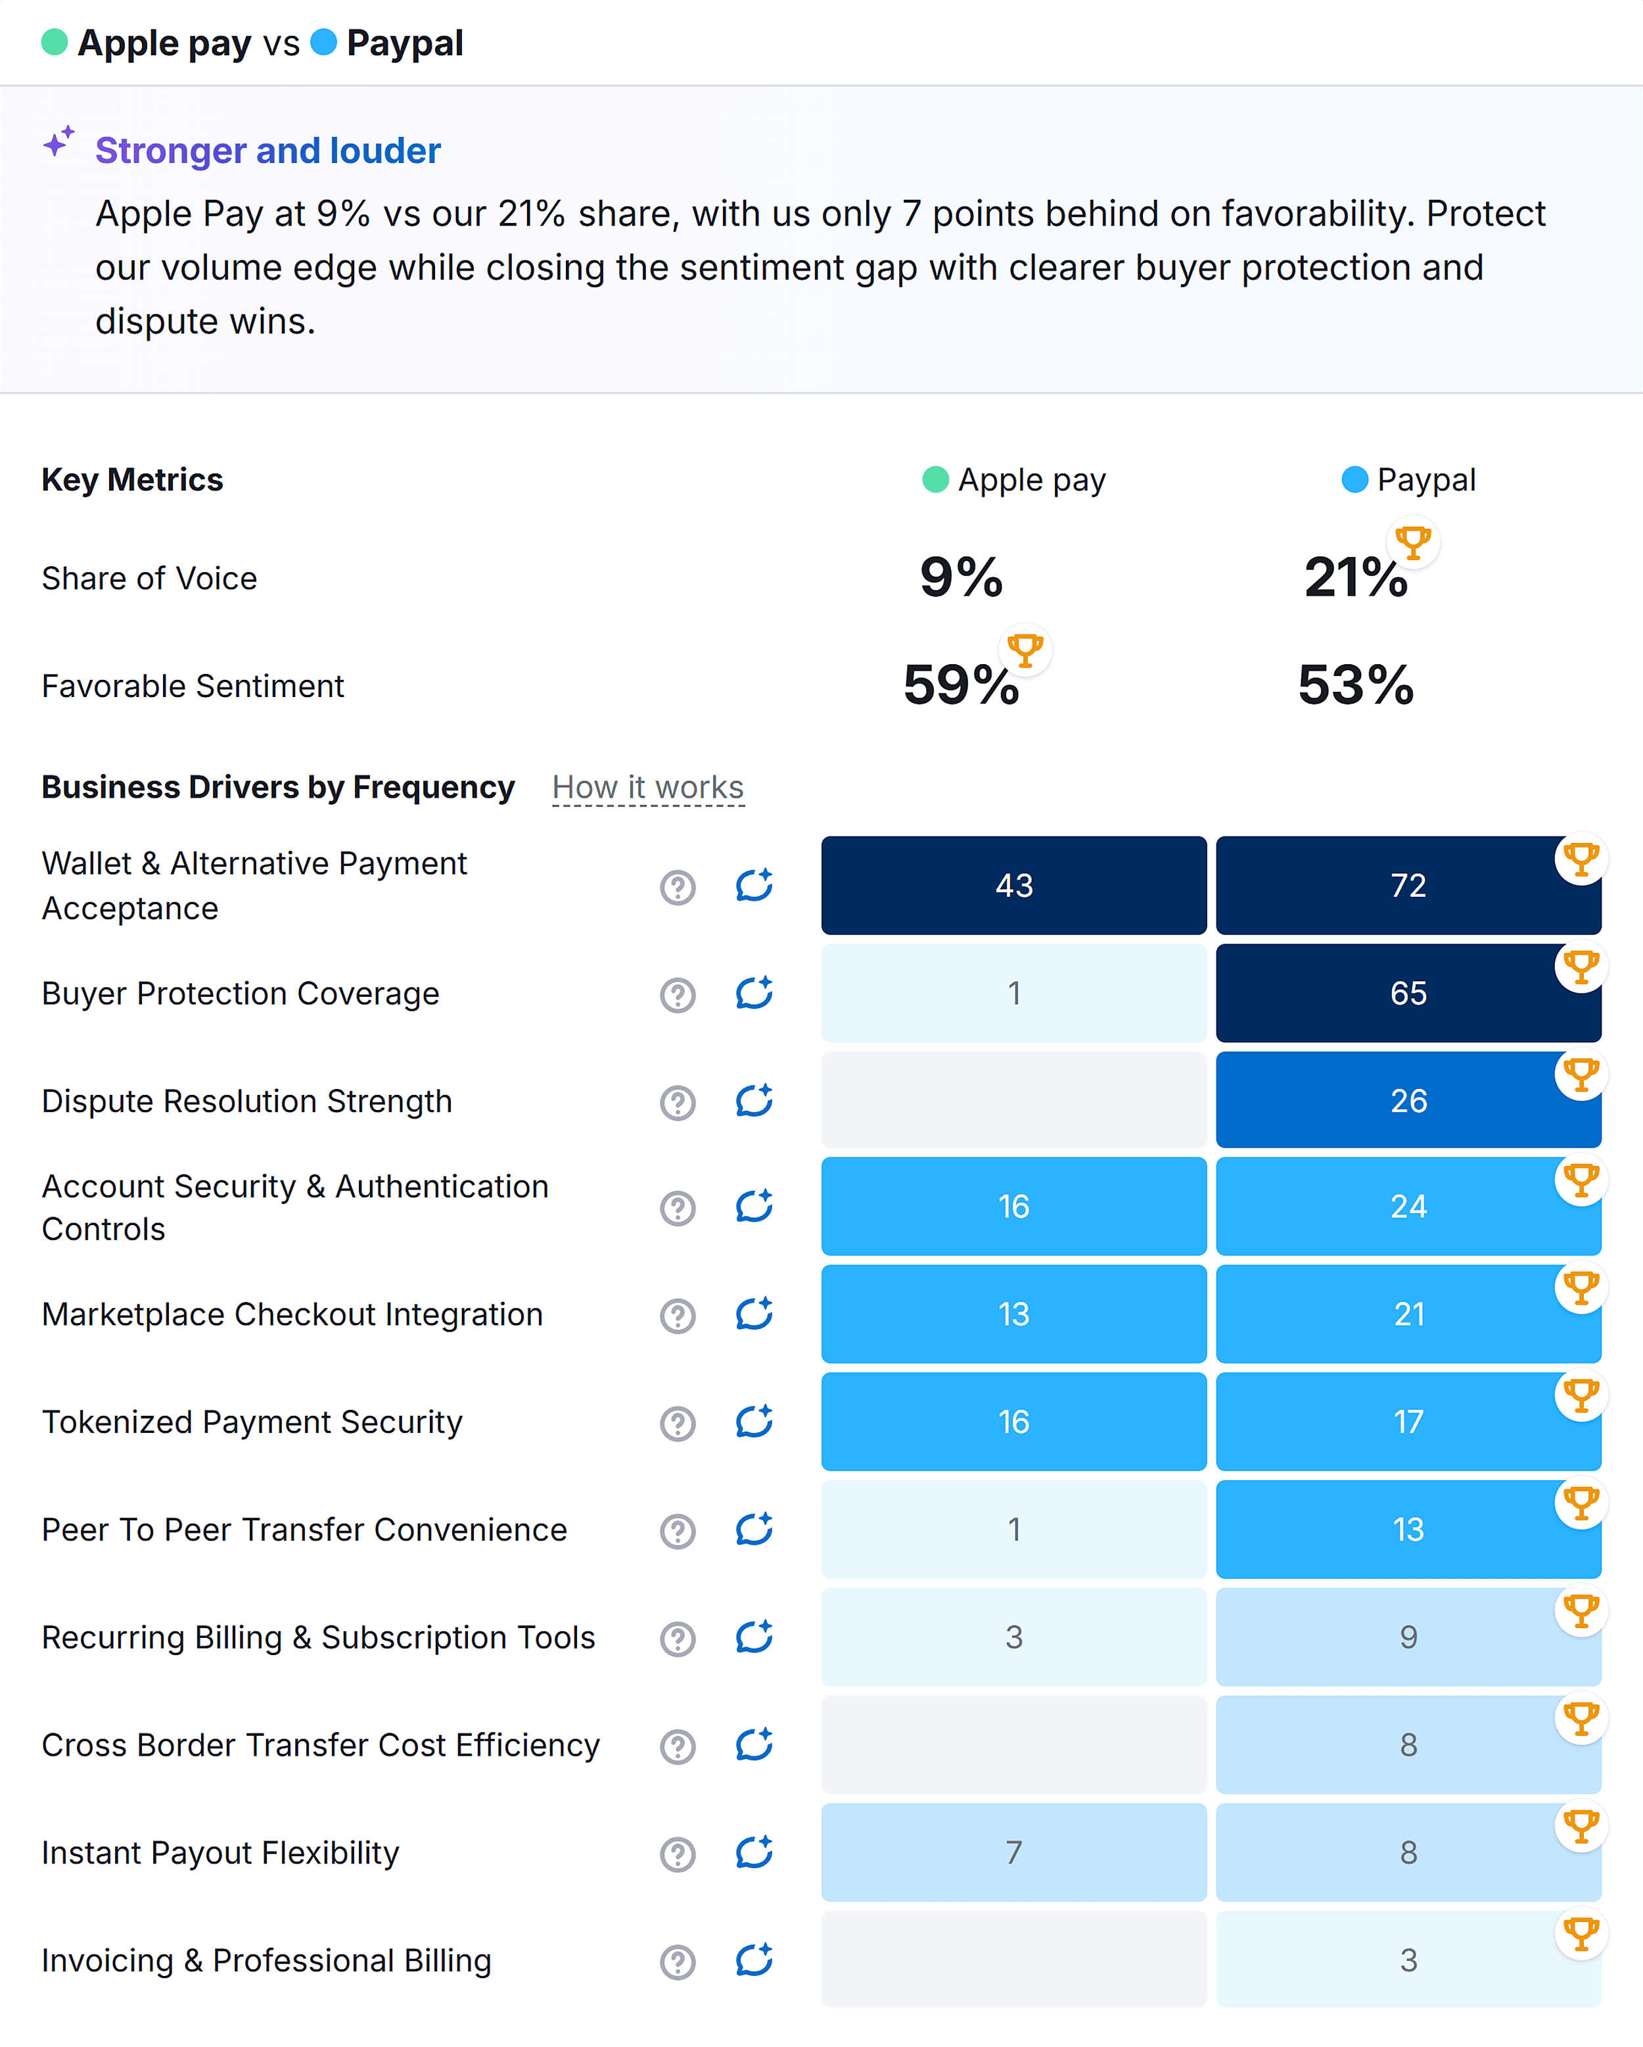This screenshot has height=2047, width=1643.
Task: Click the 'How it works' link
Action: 647,787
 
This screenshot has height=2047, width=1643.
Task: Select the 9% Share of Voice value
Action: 961,577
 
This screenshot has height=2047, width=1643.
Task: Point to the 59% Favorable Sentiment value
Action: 961,685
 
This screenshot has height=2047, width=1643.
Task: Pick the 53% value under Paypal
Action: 1355,685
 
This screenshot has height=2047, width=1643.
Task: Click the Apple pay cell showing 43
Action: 1013,885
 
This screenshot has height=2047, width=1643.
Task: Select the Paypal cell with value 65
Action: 1408,993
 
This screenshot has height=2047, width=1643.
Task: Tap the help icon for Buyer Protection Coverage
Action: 678,995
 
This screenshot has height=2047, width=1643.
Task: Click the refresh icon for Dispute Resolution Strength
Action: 754,1101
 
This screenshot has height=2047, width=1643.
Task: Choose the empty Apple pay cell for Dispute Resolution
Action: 1013,1100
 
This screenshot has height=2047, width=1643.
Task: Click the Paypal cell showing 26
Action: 1408,1100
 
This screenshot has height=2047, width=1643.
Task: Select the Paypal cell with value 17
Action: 1408,1421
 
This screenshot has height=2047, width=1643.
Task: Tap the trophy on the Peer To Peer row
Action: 1581,1503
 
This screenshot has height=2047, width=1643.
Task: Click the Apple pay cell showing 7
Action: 1013,1852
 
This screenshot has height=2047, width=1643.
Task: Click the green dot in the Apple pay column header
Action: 935,479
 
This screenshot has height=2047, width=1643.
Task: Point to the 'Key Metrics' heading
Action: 132,479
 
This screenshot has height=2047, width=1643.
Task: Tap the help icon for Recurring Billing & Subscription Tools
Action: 678,1639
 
